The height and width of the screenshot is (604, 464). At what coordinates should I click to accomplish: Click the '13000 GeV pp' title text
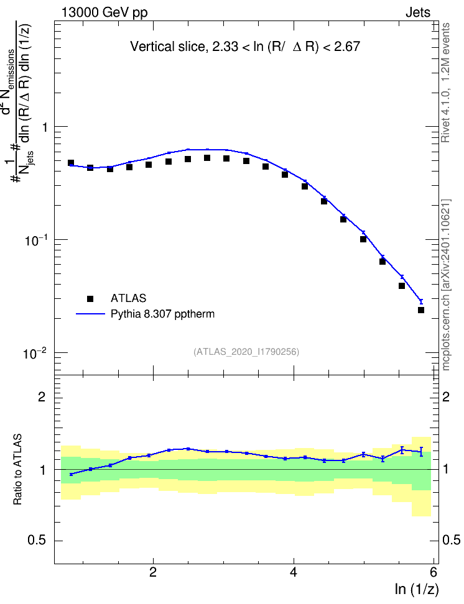pos(104,12)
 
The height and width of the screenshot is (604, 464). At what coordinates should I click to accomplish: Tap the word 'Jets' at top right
pos(418,12)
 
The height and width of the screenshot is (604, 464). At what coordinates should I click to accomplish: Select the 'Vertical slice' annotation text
pos(245,47)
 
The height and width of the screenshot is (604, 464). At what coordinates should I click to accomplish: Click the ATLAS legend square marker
pos(90,298)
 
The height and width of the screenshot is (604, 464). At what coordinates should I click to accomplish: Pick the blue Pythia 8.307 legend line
pos(90,314)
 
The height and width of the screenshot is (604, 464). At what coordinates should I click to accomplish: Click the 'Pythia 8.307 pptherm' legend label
pos(162,314)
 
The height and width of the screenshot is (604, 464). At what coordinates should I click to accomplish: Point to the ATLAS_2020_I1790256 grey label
pos(246,352)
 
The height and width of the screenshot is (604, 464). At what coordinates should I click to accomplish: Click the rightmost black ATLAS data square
pos(421,309)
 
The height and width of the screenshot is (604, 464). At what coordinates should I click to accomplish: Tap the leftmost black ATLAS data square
pos(70,163)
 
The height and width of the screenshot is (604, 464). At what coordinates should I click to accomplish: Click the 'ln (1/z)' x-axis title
pos(417,589)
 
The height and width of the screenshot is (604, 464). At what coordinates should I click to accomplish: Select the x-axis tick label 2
pos(153,572)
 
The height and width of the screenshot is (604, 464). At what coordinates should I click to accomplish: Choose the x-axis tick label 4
pos(294,572)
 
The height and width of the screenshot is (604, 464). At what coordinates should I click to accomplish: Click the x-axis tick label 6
pos(434,572)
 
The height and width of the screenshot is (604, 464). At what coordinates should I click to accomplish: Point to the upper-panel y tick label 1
pos(45,127)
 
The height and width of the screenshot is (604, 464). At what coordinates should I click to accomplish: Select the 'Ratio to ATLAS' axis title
pos(17,470)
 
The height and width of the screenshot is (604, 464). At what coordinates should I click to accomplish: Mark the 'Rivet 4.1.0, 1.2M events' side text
pos(445,83)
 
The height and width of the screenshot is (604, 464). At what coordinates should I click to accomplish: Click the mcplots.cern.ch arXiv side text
pos(446,285)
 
